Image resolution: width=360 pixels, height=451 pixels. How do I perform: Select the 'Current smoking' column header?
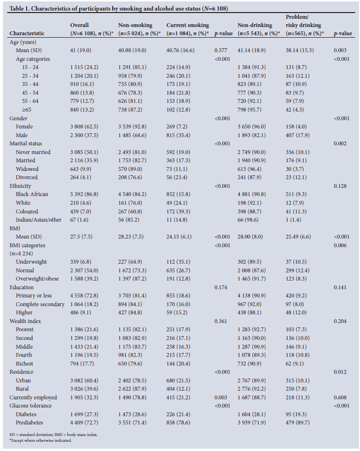pos(187,25)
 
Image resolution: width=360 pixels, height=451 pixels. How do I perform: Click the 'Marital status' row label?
pos(26,143)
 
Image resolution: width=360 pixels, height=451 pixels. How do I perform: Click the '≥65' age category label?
pos(22,110)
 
